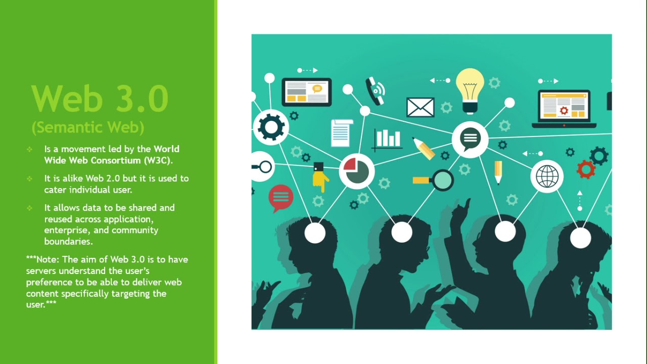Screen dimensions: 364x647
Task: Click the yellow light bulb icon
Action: pyautogui.click(x=470, y=88)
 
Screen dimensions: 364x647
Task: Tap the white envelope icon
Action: pyautogui.click(x=420, y=107)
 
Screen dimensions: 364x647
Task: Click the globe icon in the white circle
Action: pyautogui.click(x=547, y=176)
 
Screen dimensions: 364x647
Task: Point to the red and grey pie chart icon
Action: pyautogui.click(x=356, y=171)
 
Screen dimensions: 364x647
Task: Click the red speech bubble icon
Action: pyautogui.click(x=281, y=197)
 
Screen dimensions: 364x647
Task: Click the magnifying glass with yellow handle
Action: pyautogui.click(x=435, y=179)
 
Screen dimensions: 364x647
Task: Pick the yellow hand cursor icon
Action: pyautogui.click(x=319, y=176)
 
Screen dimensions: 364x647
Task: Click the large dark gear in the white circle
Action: pyautogui.click(x=271, y=126)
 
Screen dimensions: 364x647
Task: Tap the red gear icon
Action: pyautogui.click(x=585, y=169)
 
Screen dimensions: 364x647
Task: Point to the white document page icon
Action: pyautogui.click(x=342, y=133)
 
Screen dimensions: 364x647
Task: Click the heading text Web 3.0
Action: pyautogui.click(x=100, y=99)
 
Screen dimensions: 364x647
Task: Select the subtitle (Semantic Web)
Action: pyautogui.click(x=88, y=127)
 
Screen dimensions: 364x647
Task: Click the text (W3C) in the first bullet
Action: pyautogui.click(x=158, y=160)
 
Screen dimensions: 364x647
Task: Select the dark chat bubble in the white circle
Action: pyautogui.click(x=470, y=138)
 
